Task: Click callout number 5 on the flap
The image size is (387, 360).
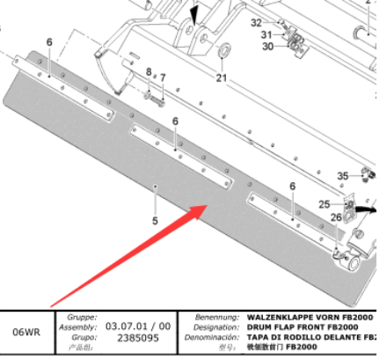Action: click(155, 220)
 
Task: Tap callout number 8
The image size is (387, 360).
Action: click(149, 71)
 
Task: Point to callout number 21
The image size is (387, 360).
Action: click(222, 77)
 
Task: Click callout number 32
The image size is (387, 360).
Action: click(256, 22)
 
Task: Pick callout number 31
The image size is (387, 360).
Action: click(265, 34)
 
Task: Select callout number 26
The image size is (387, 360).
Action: click(335, 217)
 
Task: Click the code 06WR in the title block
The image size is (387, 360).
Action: click(26, 333)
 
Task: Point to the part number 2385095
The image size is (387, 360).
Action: click(127, 337)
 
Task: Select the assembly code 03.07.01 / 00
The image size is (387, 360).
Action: click(134, 326)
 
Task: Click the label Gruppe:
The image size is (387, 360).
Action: click(81, 315)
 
